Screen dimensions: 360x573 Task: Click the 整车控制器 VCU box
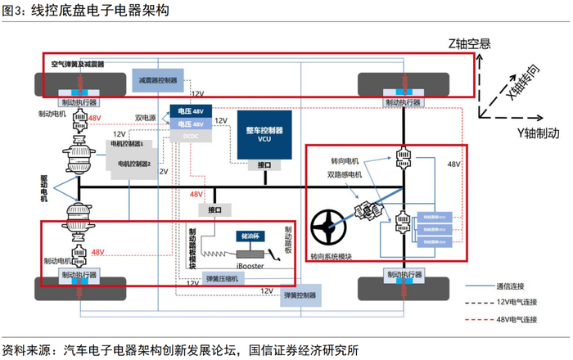pyautogui.click(x=264, y=134)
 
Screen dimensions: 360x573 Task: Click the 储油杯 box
pyautogui.click(x=249, y=236)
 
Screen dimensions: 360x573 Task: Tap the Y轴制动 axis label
pyautogui.click(x=538, y=132)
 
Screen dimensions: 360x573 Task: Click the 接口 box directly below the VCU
pyautogui.click(x=264, y=165)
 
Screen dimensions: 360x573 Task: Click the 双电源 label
pyautogui.click(x=146, y=118)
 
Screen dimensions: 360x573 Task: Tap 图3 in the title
pyautogui.click(x=15, y=11)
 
